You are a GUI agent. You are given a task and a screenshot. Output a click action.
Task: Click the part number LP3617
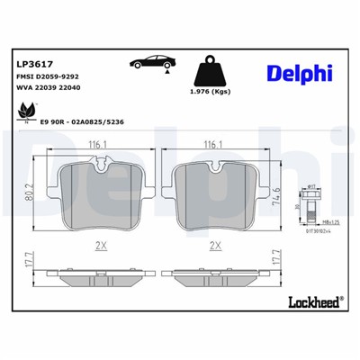pyautogui.click(x=33, y=65)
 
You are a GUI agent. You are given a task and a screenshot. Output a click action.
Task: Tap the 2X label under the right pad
pyautogui.click(x=216, y=243)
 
